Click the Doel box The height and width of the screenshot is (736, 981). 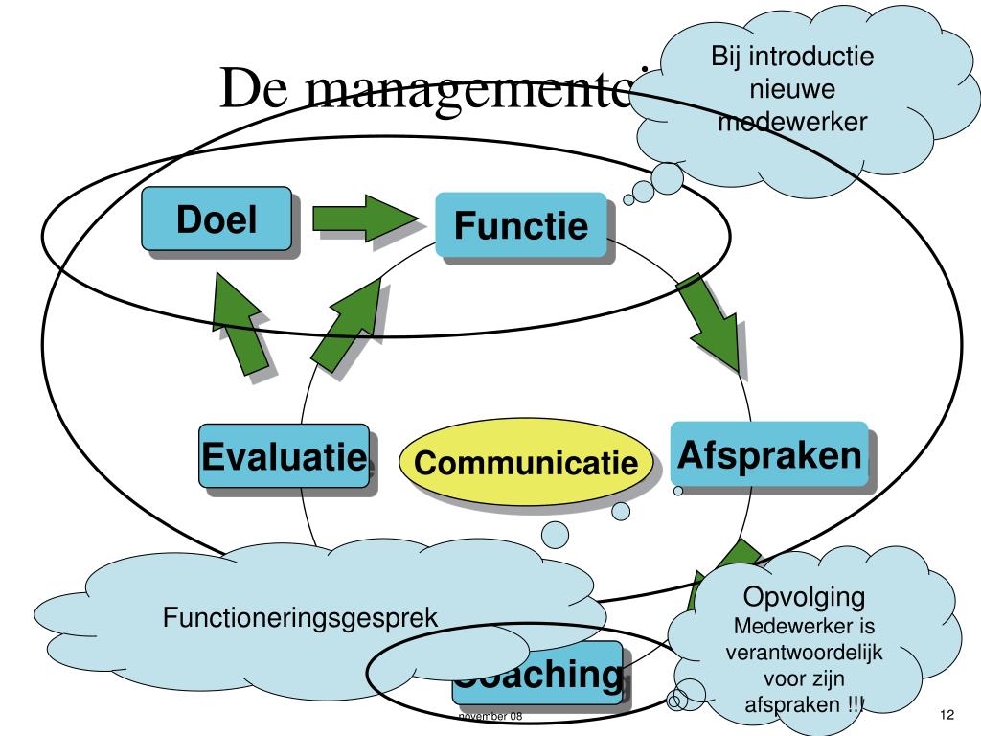pyautogui.click(x=217, y=219)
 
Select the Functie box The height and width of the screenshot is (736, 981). pyautogui.click(x=520, y=225)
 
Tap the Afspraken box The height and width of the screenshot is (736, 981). pyautogui.click(x=769, y=455)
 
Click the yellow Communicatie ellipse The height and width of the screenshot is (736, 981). pyautogui.click(x=526, y=464)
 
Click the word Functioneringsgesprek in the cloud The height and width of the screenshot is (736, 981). pyautogui.click(x=300, y=617)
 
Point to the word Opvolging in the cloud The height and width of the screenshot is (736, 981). pyautogui.click(x=805, y=597)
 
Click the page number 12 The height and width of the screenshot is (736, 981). pyautogui.click(x=947, y=716)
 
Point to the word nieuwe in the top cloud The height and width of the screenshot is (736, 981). pyautogui.click(x=792, y=89)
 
